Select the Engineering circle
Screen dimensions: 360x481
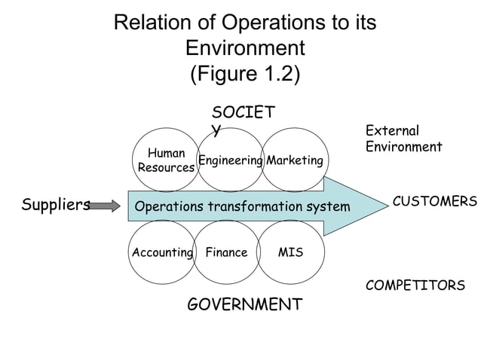230,160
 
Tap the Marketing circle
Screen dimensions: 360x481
295,160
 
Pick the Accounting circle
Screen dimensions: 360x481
162,252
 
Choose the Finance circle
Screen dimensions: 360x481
226,252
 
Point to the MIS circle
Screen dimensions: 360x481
291,252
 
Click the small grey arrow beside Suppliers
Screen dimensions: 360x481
105,205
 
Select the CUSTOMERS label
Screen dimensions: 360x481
435,202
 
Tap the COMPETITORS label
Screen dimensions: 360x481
415,286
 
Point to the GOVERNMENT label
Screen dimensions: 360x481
244,305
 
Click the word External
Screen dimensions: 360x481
392,131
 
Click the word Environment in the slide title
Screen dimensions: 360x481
245,49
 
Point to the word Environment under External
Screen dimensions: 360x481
403,147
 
